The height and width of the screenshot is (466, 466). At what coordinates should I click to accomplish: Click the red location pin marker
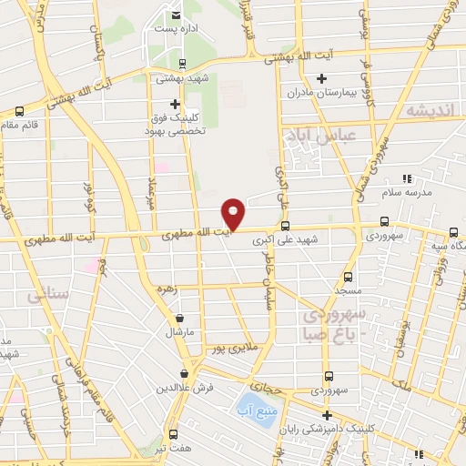pyautogui.click(x=234, y=213)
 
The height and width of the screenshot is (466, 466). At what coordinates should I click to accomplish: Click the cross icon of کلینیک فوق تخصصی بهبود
pyautogui.click(x=175, y=104)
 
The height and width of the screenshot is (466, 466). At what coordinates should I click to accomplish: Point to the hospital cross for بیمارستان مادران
pyautogui.click(x=321, y=79)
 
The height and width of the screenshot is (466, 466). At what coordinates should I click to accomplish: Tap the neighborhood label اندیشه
pyautogui.click(x=430, y=109)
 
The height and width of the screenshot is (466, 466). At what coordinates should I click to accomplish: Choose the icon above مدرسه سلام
pyautogui.click(x=407, y=178)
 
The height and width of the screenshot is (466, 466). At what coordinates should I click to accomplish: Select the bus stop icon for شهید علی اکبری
pyautogui.click(x=285, y=226)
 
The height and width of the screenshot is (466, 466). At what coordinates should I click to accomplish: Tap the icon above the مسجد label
pyautogui.click(x=347, y=276)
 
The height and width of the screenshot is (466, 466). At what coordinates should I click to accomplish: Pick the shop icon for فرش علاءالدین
pyautogui.click(x=185, y=373)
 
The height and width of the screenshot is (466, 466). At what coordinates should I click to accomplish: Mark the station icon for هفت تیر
pyautogui.click(x=172, y=435)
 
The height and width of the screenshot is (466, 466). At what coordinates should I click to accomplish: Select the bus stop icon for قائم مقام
pyautogui.click(x=19, y=112)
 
